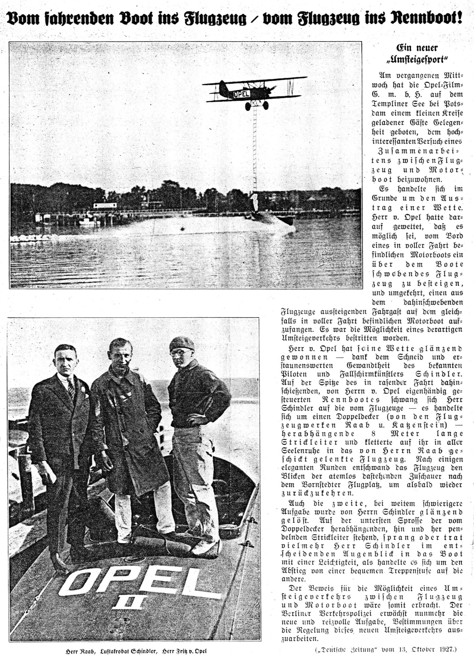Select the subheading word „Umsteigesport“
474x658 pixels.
click(x=417, y=60)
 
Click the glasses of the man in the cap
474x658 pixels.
click(x=178, y=353)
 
